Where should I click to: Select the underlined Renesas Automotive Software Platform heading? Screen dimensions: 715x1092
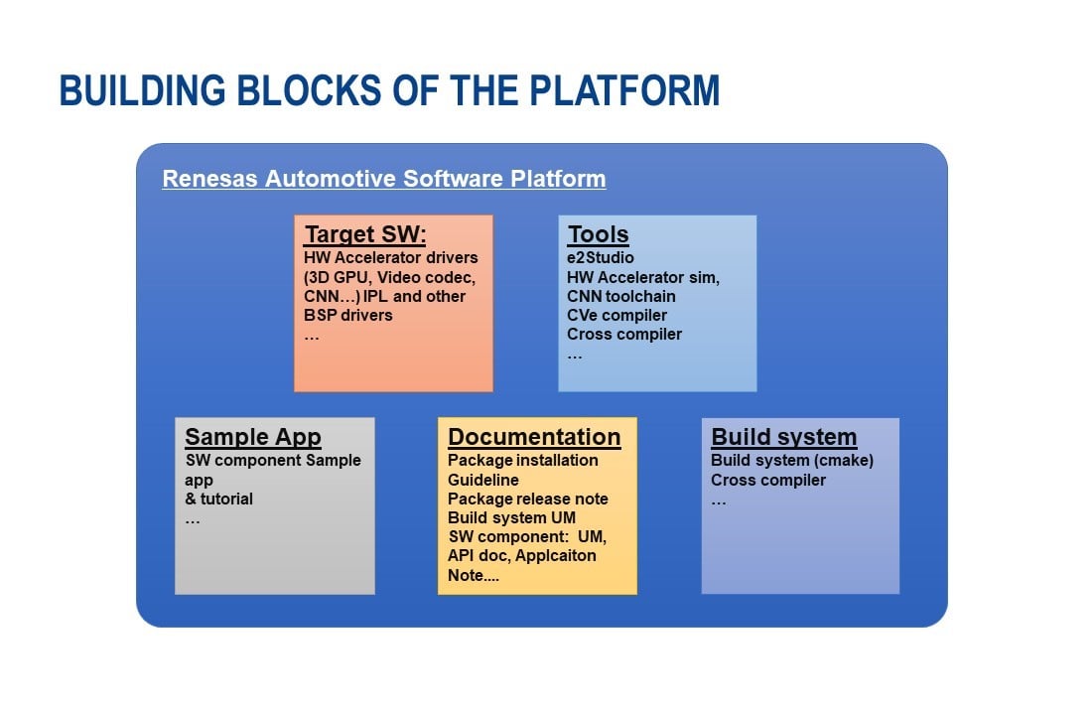point(383,180)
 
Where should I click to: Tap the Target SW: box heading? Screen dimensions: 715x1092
point(364,235)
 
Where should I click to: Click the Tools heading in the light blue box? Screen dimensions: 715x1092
point(598,235)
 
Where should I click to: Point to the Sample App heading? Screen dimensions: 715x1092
point(253,437)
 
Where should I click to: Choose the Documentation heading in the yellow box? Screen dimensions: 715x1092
point(534,437)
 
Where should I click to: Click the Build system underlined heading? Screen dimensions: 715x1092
point(783,437)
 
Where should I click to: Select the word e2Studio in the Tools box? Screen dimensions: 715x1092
point(600,258)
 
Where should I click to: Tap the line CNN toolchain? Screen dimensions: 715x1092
point(621,296)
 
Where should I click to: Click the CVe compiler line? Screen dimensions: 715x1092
point(616,315)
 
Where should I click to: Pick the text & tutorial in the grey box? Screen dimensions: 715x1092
point(218,499)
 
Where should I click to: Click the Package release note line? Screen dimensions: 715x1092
point(527,499)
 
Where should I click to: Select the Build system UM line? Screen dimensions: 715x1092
point(511,517)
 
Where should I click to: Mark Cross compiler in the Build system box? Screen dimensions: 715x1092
point(767,480)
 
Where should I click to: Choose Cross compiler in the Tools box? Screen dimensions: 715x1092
point(624,334)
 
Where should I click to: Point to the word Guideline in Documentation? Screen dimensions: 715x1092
point(482,480)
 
